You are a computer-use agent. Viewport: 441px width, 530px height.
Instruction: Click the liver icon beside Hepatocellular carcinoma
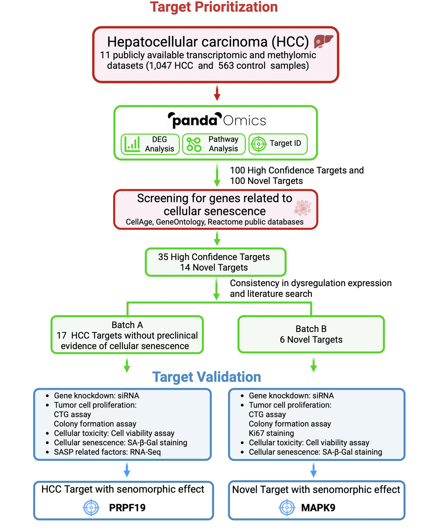click(323, 42)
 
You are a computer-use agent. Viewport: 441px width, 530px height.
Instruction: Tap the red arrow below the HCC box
click(217, 93)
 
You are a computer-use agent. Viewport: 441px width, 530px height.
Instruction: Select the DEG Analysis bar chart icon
click(132, 144)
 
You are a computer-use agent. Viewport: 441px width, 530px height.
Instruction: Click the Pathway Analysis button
click(213, 144)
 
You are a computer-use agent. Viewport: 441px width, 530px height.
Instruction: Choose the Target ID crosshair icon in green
click(259, 144)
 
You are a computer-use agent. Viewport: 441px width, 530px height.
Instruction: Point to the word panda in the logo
click(194, 121)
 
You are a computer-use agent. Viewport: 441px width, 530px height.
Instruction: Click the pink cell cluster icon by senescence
click(303, 208)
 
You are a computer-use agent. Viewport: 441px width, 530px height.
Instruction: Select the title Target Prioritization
click(214, 7)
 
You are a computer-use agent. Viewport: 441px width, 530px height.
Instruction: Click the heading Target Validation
click(207, 377)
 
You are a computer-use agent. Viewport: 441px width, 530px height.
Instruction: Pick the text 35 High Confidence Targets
click(214, 257)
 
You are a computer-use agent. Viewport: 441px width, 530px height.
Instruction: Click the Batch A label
click(127, 325)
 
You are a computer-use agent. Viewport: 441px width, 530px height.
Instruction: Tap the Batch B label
click(311, 329)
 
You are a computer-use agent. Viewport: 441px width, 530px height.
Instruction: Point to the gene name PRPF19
click(127, 508)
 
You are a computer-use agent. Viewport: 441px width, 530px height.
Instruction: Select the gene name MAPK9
click(318, 508)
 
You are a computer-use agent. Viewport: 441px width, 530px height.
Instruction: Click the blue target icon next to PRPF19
click(91, 508)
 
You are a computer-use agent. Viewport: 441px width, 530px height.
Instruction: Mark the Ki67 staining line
click(271, 433)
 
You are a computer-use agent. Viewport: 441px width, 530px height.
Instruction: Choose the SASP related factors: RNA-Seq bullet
click(107, 452)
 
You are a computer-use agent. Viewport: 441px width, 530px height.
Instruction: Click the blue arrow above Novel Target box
click(313, 470)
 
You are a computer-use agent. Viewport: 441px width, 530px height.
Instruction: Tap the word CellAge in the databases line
click(139, 222)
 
